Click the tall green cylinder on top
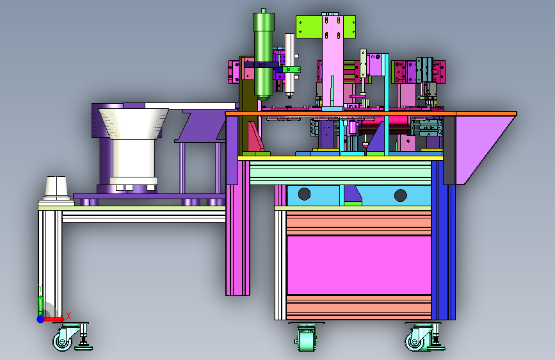(263, 55)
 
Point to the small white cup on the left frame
(56, 188)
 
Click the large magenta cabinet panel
(359, 265)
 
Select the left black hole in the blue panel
(305, 194)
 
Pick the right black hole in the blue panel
(400, 195)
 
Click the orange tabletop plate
(371, 114)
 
